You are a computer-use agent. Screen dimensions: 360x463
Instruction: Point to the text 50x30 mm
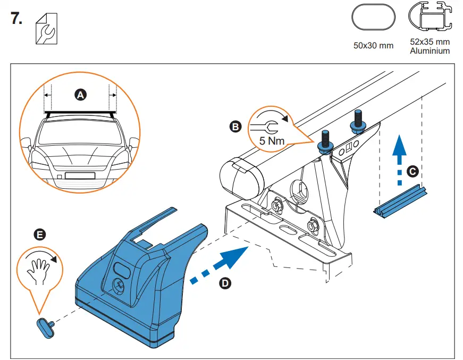pyautogui.click(x=373, y=45)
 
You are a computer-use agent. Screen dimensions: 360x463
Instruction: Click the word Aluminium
pyautogui.click(x=430, y=51)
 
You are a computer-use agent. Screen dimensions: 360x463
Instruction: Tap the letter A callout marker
pyautogui.click(x=80, y=95)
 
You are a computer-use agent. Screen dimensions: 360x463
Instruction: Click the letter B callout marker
pyautogui.click(x=234, y=127)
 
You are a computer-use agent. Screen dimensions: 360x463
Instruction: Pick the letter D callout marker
pyautogui.click(x=225, y=283)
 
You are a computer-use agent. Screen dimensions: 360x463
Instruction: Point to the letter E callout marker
pyautogui.click(x=39, y=234)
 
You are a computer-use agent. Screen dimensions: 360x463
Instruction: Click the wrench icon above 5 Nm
pyautogui.click(x=263, y=126)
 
